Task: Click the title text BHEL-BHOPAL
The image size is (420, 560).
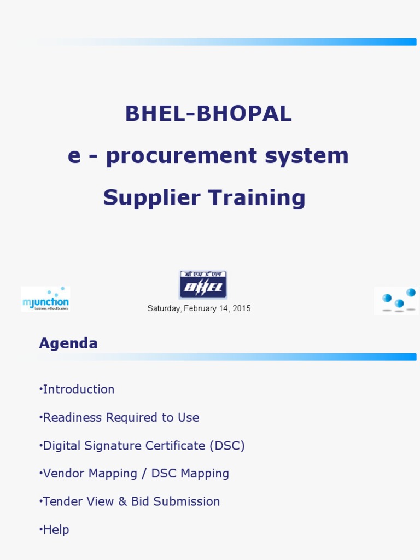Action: [x=208, y=114]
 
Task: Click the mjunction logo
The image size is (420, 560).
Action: [x=45, y=299]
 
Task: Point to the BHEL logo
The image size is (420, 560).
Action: [x=203, y=285]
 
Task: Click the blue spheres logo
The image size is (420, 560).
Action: [x=396, y=300]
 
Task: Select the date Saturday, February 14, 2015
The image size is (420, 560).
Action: [x=199, y=308]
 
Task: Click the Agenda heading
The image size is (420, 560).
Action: [x=68, y=343]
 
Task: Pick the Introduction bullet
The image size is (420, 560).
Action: [x=78, y=389]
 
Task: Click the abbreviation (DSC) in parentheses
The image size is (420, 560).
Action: [x=226, y=446]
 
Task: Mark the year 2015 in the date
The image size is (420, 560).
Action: [x=241, y=308]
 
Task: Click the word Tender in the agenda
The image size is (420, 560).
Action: [x=61, y=501]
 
